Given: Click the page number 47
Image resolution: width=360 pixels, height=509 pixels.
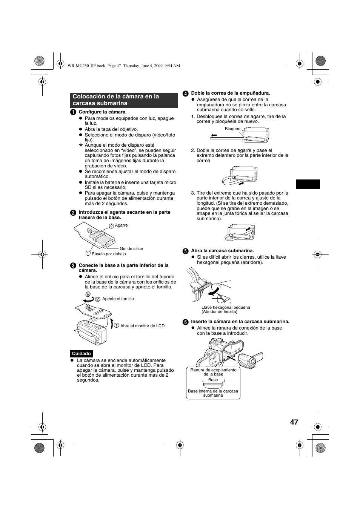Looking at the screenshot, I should tap(294, 422).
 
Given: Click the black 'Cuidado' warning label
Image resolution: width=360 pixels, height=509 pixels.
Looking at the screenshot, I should tap(82, 354).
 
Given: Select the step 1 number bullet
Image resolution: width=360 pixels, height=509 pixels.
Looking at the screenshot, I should tap(73, 112).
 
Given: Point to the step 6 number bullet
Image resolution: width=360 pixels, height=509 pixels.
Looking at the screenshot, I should tap(185, 322).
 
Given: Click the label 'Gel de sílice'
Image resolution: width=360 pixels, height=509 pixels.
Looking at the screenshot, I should tap(131, 248).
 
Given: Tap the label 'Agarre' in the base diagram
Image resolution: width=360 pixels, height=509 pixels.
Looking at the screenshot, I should tap(121, 225).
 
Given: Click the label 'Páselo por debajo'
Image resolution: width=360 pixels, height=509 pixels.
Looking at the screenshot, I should tap(109, 254).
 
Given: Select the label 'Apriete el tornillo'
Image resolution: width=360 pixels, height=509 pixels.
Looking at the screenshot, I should tap(118, 299).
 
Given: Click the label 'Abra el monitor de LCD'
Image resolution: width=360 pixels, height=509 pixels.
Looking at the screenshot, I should tap(142, 326).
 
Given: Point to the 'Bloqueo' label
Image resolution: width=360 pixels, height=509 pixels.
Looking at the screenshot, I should tap(232, 129).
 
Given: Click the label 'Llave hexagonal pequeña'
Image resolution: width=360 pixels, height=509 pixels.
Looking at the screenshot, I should tap(226, 307).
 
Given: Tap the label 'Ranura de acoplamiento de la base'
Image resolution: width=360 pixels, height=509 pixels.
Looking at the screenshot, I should tap(213, 372).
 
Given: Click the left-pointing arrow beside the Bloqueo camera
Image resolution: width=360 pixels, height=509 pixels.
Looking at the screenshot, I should tap(214, 135).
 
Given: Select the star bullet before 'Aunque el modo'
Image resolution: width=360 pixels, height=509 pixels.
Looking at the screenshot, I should tap(80, 145).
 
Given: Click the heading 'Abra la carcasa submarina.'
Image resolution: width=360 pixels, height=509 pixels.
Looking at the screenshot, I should tap(222, 251).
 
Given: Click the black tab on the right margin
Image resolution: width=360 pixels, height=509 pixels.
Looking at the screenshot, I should tap(308, 184).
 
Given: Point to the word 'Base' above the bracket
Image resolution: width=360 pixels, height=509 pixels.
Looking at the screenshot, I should tap(213, 380).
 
